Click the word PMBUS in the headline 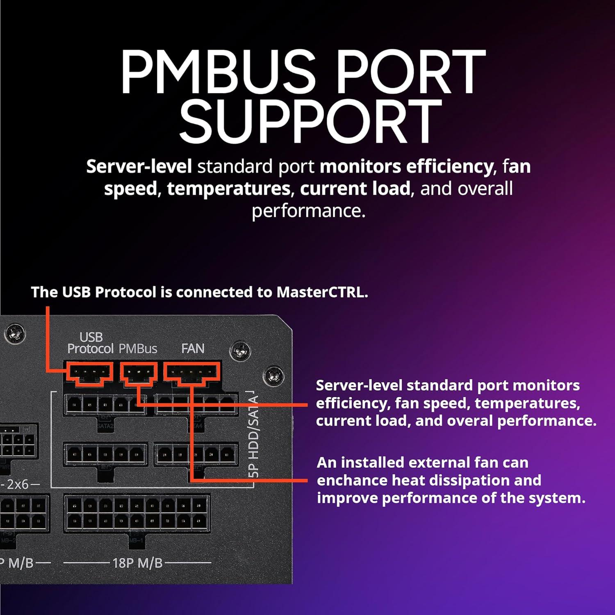[218, 72]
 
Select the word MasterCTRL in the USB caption [322, 292]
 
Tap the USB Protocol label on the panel [90, 343]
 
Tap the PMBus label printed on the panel [138, 349]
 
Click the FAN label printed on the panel [193, 348]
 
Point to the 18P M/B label [137, 563]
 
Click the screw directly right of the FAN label [240, 351]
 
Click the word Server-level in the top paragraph [139, 166]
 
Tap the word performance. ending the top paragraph [308, 211]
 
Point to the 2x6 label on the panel [18, 484]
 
